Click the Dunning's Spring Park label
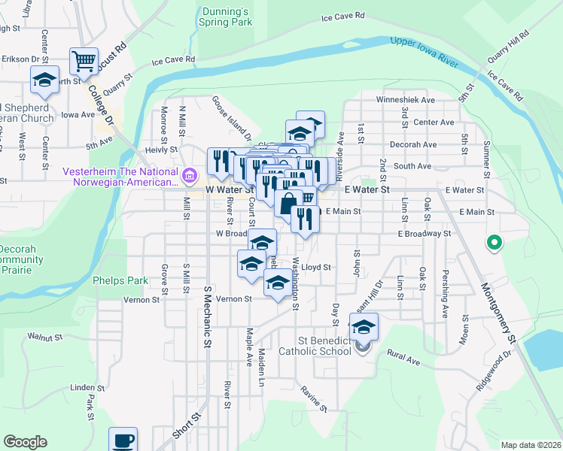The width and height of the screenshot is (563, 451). click(225, 17)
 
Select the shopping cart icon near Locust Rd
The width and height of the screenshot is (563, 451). click(84, 61)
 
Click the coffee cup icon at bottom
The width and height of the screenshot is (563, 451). click(123, 440)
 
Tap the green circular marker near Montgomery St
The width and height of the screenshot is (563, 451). click(494, 243)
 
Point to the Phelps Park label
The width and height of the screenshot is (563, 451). click(120, 281)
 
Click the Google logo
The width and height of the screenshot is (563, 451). click(25, 442)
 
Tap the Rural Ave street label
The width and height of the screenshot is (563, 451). click(403, 356)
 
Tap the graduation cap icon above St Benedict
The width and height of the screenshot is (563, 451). click(364, 326)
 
